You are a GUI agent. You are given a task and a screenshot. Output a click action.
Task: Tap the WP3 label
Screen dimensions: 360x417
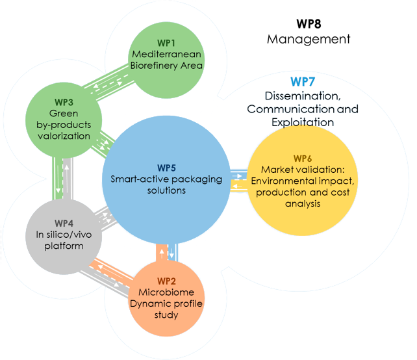pos(64,102)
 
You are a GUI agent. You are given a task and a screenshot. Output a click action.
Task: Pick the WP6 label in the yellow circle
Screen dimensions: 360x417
pos(303,158)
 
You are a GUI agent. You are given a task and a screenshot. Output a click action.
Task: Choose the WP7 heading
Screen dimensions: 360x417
pos(303,81)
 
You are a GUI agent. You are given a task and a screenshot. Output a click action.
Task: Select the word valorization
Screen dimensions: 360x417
pos(64,136)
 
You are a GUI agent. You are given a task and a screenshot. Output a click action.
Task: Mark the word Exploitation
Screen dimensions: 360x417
pos(303,122)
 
